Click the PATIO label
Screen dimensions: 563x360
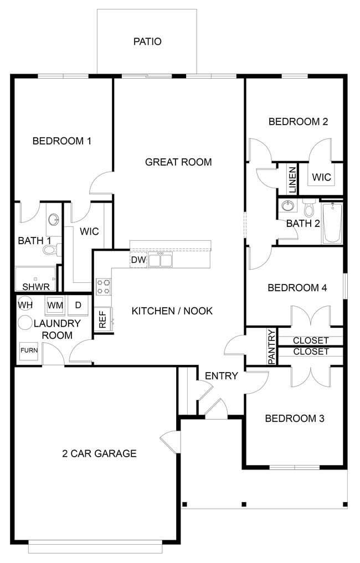tap(147, 42)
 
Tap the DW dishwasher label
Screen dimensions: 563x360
tap(138, 260)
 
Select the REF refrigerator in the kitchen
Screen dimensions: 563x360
tap(103, 319)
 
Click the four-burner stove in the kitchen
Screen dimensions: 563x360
tap(103, 287)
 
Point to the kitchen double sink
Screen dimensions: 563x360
tap(160, 259)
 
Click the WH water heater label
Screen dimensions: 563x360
tap(25, 304)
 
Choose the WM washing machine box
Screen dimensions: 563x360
tap(55, 305)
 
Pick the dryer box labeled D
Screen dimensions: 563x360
tap(78, 305)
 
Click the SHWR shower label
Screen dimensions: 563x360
tap(36, 287)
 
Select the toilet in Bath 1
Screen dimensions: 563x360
tap(50, 250)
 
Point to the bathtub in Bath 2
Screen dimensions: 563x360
tap(332, 223)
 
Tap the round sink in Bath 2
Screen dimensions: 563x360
tap(287, 206)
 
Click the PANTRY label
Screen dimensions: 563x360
tap(271, 347)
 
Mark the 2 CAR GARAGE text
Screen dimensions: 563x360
tap(99, 453)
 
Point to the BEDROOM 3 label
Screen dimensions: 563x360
tap(294, 418)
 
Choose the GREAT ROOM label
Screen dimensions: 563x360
tap(178, 162)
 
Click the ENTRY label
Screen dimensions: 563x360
tap(221, 376)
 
